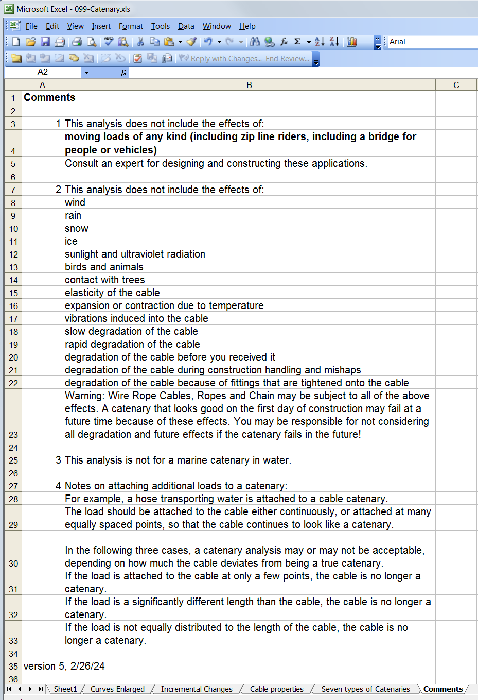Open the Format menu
click(x=131, y=26)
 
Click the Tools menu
click(x=160, y=26)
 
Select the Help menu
click(x=247, y=26)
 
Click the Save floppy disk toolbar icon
click(x=45, y=42)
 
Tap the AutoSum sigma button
click(x=297, y=42)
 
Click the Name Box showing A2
click(x=43, y=72)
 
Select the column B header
click(x=249, y=85)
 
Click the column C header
click(x=456, y=85)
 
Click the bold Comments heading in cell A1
click(x=49, y=97)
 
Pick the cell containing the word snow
click(x=77, y=228)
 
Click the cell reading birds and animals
click(x=104, y=267)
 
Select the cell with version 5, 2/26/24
click(x=64, y=666)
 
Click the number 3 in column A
click(x=58, y=460)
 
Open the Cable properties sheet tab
click(x=276, y=689)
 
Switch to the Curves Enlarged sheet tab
click(x=117, y=689)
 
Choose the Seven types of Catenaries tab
click(x=365, y=689)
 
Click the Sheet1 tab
click(x=65, y=689)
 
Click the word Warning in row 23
click(x=84, y=396)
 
